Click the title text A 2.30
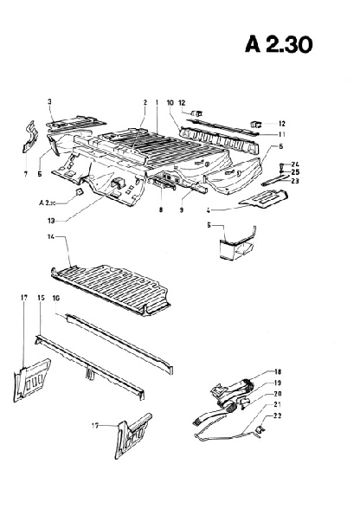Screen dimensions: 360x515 [279, 44]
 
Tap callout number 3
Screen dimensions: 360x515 [49, 101]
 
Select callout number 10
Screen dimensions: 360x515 [170, 103]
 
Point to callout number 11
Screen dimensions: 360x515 [281, 134]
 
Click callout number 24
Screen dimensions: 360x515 [295, 164]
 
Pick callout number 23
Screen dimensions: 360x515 [295, 181]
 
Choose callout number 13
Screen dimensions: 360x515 [51, 221]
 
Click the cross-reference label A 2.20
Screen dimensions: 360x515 [47, 203]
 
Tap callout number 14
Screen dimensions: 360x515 [51, 237]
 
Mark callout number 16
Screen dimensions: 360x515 [56, 299]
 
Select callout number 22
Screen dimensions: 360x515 [278, 415]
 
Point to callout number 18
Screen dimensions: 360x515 [278, 372]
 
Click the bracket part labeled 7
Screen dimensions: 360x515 [30, 138]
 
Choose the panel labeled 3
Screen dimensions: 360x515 [76, 123]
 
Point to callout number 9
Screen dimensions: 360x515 [182, 209]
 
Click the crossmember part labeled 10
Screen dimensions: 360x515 [218, 142]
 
